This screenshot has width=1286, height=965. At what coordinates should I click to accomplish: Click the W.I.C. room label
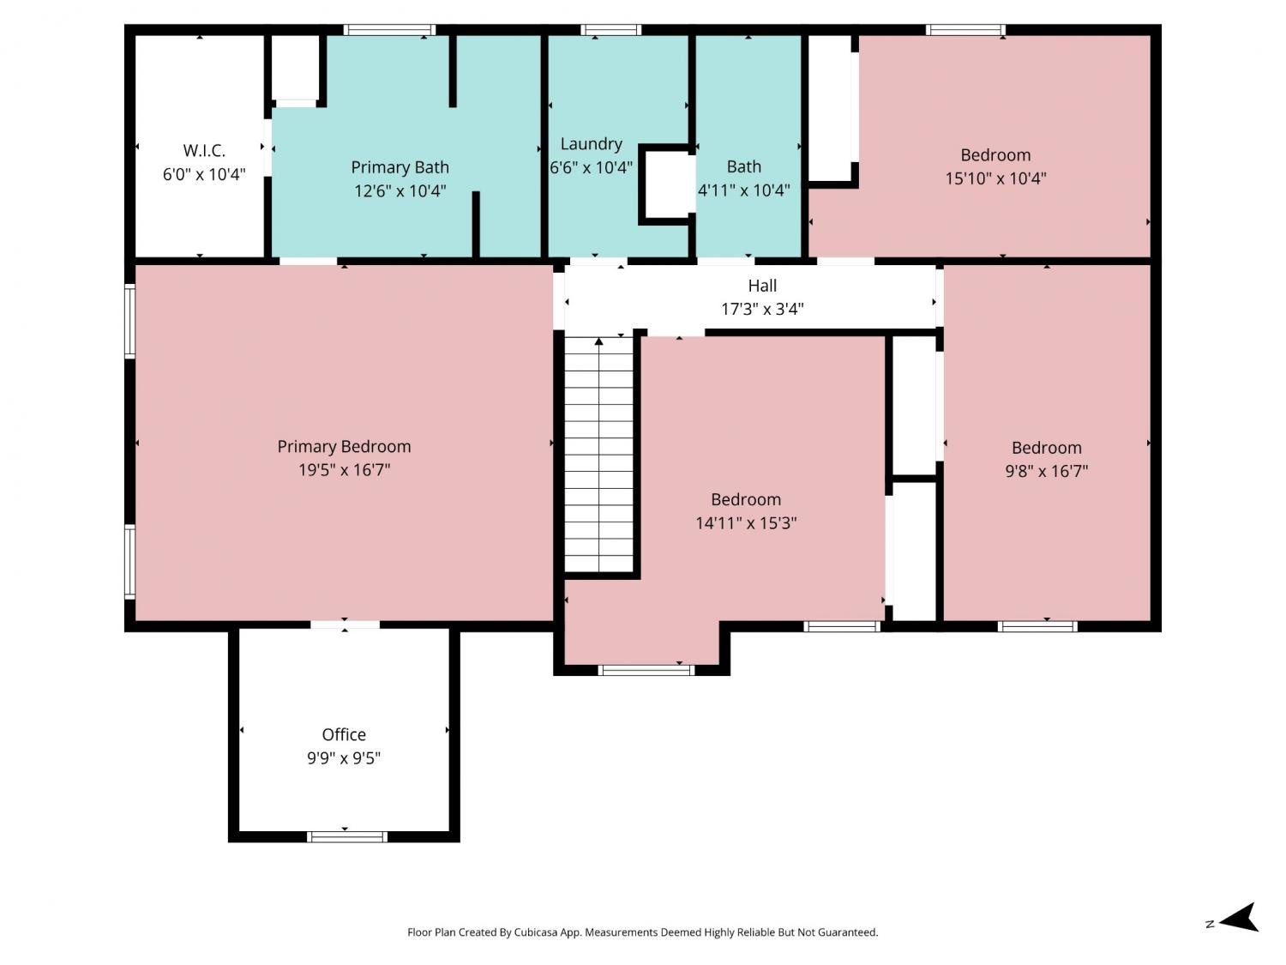pyautogui.click(x=204, y=151)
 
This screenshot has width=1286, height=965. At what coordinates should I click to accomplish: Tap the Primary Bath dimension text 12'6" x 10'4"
pyautogui.click(x=400, y=191)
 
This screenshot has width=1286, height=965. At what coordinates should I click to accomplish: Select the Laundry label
pyautogui.click(x=592, y=144)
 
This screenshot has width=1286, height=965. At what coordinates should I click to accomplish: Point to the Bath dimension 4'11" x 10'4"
pyautogui.click(x=744, y=190)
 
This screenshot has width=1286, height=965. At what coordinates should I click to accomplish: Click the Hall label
pyautogui.click(x=762, y=286)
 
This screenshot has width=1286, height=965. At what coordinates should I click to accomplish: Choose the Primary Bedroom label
pyautogui.click(x=344, y=447)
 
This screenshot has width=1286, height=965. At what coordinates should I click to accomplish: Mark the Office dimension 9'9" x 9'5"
pyautogui.click(x=344, y=758)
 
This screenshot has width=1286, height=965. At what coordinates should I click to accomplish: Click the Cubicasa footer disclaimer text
pyautogui.click(x=643, y=932)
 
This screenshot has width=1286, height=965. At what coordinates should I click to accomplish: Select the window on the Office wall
pyautogui.click(x=347, y=836)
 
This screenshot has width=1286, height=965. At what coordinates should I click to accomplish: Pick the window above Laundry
pyautogui.click(x=611, y=30)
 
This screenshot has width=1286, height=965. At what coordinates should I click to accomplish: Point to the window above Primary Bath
pyautogui.click(x=389, y=30)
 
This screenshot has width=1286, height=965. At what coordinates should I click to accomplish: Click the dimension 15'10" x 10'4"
pyautogui.click(x=995, y=178)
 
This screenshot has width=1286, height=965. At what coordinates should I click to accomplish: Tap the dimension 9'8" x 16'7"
pyautogui.click(x=1047, y=471)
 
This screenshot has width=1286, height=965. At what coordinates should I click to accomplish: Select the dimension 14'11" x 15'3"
pyautogui.click(x=746, y=522)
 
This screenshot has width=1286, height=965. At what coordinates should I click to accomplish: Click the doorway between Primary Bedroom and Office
pyautogui.click(x=346, y=625)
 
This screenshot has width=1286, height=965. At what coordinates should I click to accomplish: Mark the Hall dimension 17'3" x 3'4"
pyautogui.click(x=762, y=309)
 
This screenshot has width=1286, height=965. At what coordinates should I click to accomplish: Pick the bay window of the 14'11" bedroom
pyautogui.click(x=646, y=670)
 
